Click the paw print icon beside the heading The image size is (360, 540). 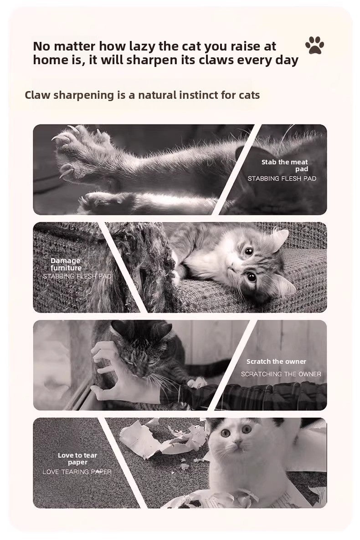(x=314, y=46)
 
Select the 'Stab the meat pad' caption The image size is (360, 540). (x=284, y=165)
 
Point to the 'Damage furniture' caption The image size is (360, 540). (x=66, y=264)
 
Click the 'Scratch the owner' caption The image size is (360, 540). (x=276, y=362)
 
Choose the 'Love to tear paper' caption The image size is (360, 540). (x=77, y=458)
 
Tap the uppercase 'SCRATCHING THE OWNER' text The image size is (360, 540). (x=281, y=374)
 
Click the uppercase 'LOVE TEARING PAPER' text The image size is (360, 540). (x=77, y=472)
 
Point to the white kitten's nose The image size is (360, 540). (x=237, y=441)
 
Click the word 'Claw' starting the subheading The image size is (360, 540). (x=37, y=95)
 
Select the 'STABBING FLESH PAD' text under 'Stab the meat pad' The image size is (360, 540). (x=282, y=178)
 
